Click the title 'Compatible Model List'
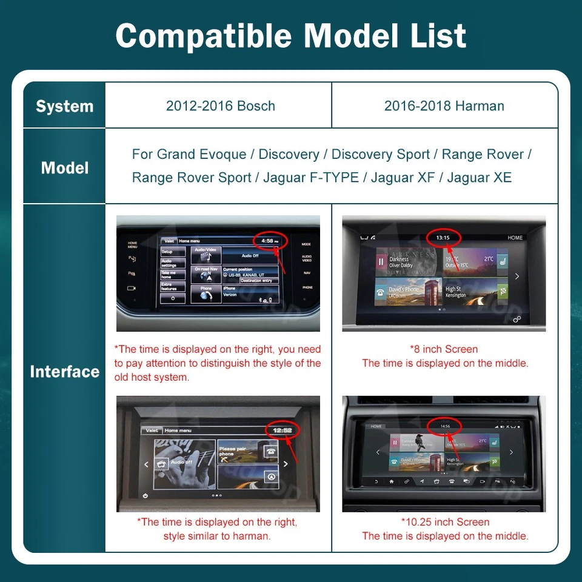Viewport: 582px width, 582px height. coord(291,36)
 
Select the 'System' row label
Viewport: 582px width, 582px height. coord(64,106)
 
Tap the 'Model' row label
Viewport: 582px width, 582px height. coord(64,168)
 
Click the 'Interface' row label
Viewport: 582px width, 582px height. coord(64,371)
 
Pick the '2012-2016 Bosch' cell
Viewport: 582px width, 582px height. coord(220,106)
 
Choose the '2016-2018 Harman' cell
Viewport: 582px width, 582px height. coord(444,106)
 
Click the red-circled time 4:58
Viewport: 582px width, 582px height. coord(267,241)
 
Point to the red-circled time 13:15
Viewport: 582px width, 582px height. coord(443,237)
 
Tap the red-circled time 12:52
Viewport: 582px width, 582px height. coord(283,430)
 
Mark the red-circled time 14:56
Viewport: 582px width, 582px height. coord(445,426)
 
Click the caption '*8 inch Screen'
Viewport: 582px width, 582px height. coord(444,349)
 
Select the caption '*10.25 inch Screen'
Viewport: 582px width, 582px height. coord(444,522)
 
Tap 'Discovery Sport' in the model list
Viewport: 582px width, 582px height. coord(381,155)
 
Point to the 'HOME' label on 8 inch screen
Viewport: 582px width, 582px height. coord(515,238)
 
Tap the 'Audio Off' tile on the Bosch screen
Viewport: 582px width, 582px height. coord(250,255)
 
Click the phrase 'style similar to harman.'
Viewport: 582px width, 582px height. coord(217,536)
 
